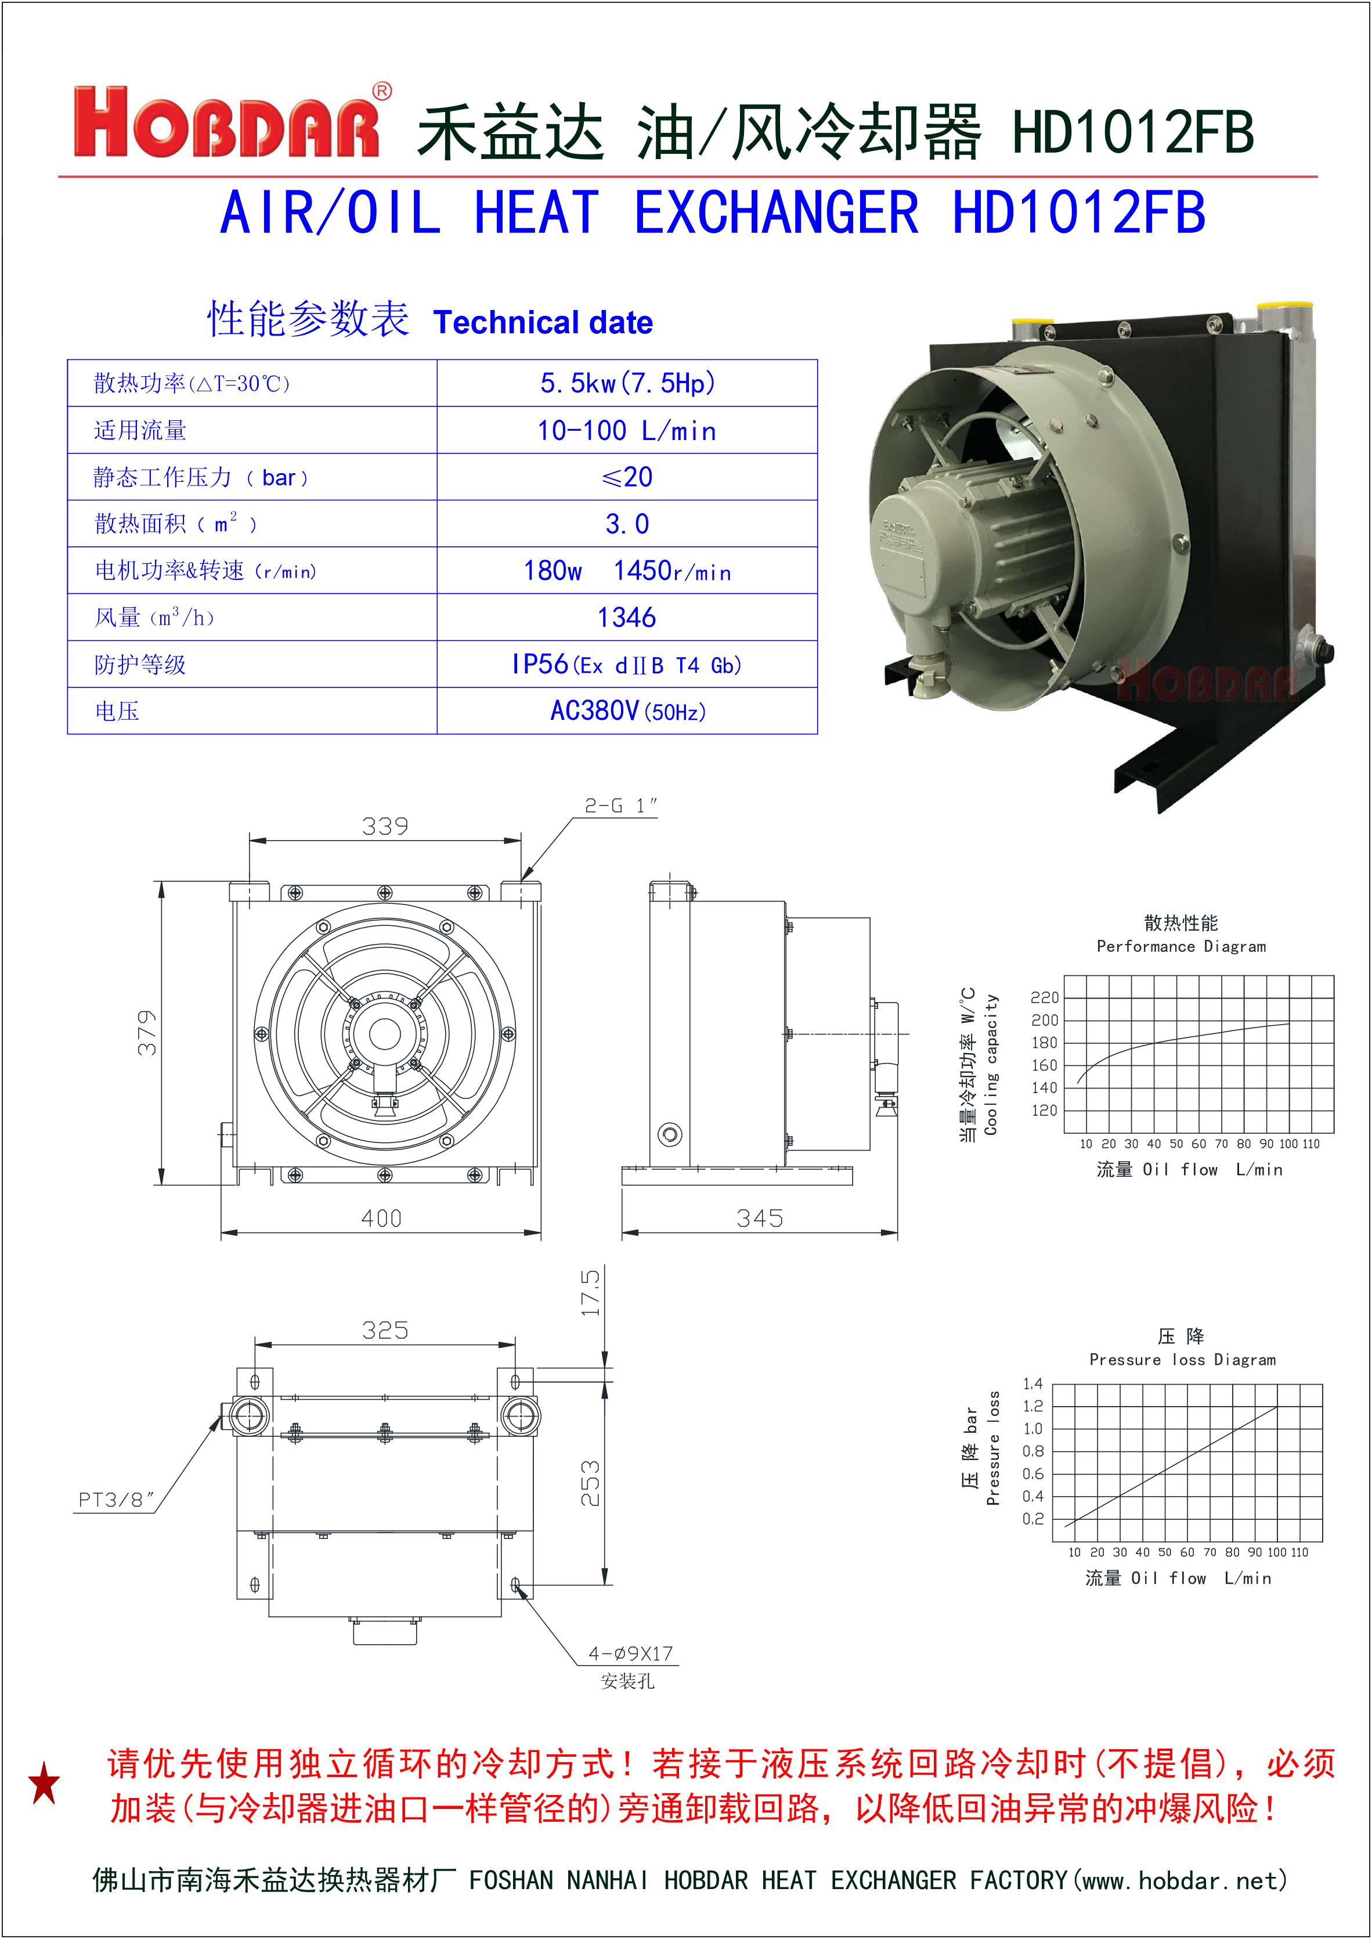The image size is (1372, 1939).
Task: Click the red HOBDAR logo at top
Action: click(x=226, y=122)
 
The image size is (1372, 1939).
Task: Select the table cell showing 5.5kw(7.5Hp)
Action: click(x=627, y=384)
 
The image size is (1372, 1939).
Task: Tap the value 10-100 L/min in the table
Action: click(x=627, y=431)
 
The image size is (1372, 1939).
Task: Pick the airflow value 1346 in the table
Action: click(x=627, y=618)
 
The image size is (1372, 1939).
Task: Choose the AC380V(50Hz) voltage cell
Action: click(x=627, y=711)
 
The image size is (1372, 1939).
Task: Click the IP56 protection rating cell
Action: click(x=627, y=665)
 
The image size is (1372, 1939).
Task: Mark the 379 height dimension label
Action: click(x=147, y=1032)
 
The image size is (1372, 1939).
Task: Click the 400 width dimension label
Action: click(x=381, y=1219)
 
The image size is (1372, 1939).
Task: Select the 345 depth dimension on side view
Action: click(x=760, y=1219)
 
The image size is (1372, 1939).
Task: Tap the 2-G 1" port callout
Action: click(x=621, y=806)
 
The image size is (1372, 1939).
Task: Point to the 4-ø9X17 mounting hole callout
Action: click(x=630, y=1653)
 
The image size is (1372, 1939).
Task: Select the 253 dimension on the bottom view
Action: click(x=591, y=1483)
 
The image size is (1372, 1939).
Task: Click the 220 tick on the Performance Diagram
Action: click(x=1044, y=998)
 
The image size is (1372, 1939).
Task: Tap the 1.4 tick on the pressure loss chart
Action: click(x=1032, y=1384)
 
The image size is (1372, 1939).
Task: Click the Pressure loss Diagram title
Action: click(x=1182, y=1360)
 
